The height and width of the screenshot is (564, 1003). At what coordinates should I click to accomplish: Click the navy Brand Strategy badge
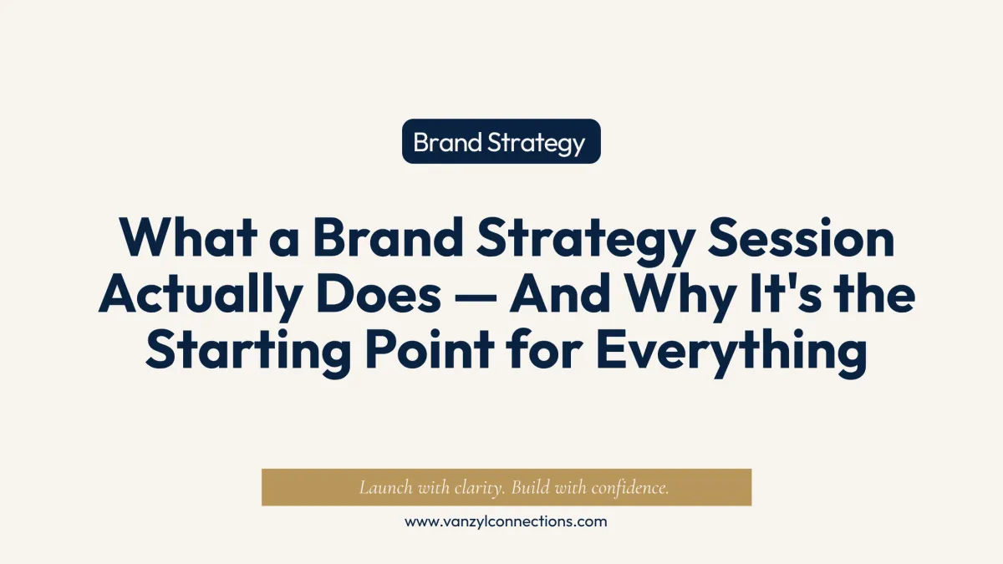click(501, 141)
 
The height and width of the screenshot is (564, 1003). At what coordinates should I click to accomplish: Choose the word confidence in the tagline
click(630, 487)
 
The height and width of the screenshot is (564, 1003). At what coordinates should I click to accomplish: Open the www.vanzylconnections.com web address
click(506, 522)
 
